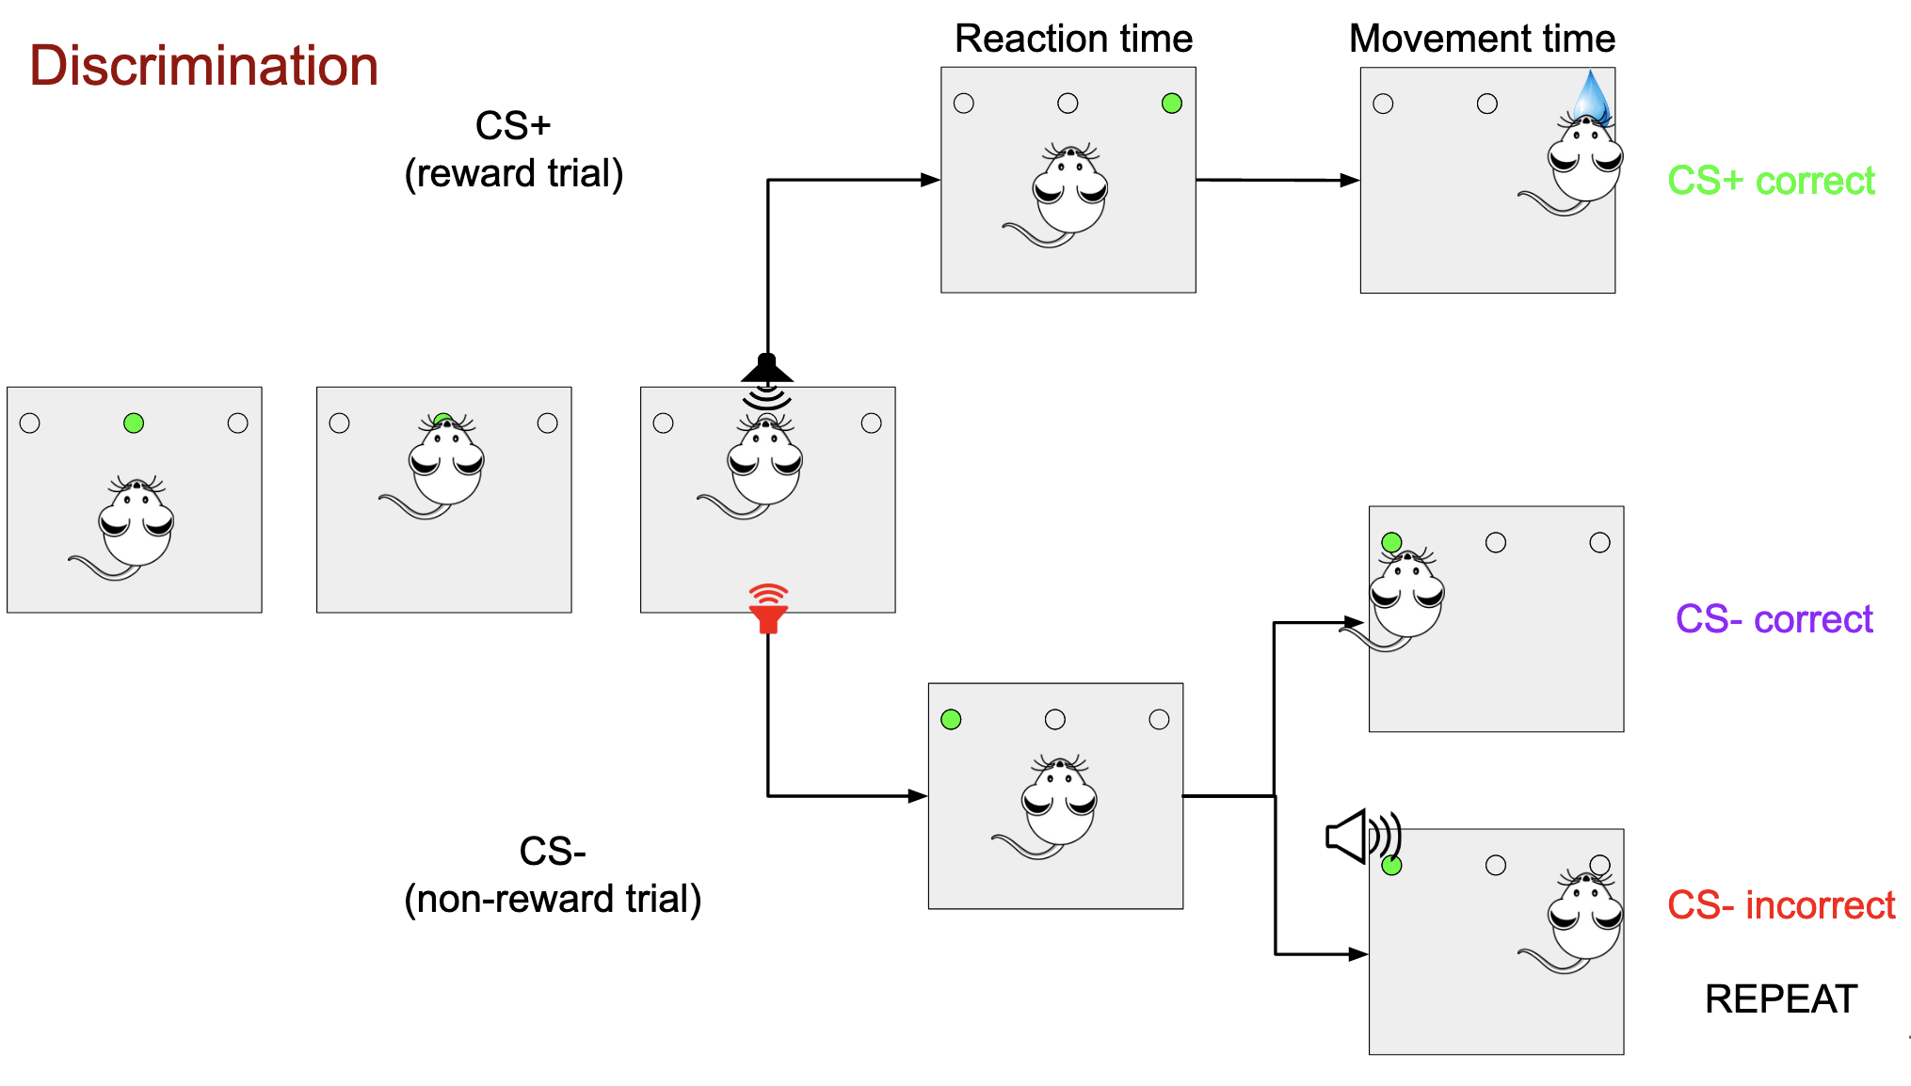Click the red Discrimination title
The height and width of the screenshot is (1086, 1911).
(x=203, y=66)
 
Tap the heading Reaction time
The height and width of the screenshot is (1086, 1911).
(x=1073, y=39)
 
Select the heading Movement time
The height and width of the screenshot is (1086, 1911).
(x=1482, y=39)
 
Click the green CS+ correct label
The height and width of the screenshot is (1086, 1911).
(x=1771, y=181)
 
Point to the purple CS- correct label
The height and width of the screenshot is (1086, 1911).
(x=1774, y=619)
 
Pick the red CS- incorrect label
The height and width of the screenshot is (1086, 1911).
(x=1780, y=905)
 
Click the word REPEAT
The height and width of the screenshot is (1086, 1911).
(x=1780, y=998)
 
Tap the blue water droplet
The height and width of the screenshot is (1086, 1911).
(x=1591, y=96)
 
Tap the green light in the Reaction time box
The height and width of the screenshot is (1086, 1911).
(x=1171, y=104)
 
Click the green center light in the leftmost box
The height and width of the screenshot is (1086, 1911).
(x=134, y=423)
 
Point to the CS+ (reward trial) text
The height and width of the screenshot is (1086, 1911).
(x=513, y=150)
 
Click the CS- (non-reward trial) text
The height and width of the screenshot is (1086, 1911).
(x=553, y=875)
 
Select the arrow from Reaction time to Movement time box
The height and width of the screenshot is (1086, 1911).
(x=1277, y=180)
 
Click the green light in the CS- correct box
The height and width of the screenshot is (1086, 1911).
(x=1391, y=542)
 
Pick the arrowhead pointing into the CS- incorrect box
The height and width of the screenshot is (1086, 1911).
(x=1357, y=954)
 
